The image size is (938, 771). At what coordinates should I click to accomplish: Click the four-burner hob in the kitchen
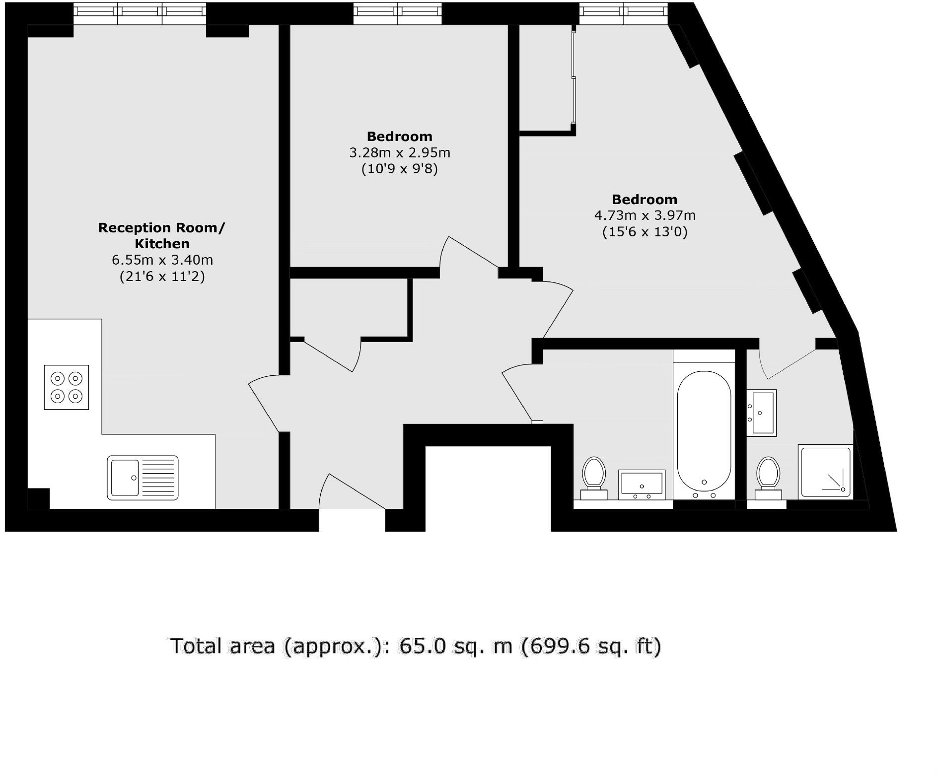(x=67, y=388)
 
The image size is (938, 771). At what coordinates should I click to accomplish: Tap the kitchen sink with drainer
(x=143, y=478)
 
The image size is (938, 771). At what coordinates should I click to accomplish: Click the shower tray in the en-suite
(x=825, y=472)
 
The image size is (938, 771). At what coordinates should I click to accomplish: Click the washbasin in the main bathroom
(x=642, y=484)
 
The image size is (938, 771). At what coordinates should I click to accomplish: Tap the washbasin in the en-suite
(x=762, y=412)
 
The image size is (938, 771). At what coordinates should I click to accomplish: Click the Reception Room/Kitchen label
(x=161, y=235)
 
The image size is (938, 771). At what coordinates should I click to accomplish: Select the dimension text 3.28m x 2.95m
(x=400, y=152)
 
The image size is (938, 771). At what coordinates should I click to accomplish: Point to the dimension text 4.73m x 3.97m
(x=645, y=215)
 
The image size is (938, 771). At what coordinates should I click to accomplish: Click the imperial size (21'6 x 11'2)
(x=162, y=276)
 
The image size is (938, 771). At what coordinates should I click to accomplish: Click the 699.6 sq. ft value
(x=591, y=646)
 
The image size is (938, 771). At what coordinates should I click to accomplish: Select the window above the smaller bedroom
(x=397, y=13)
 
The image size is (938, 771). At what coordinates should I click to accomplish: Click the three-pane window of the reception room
(x=140, y=13)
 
